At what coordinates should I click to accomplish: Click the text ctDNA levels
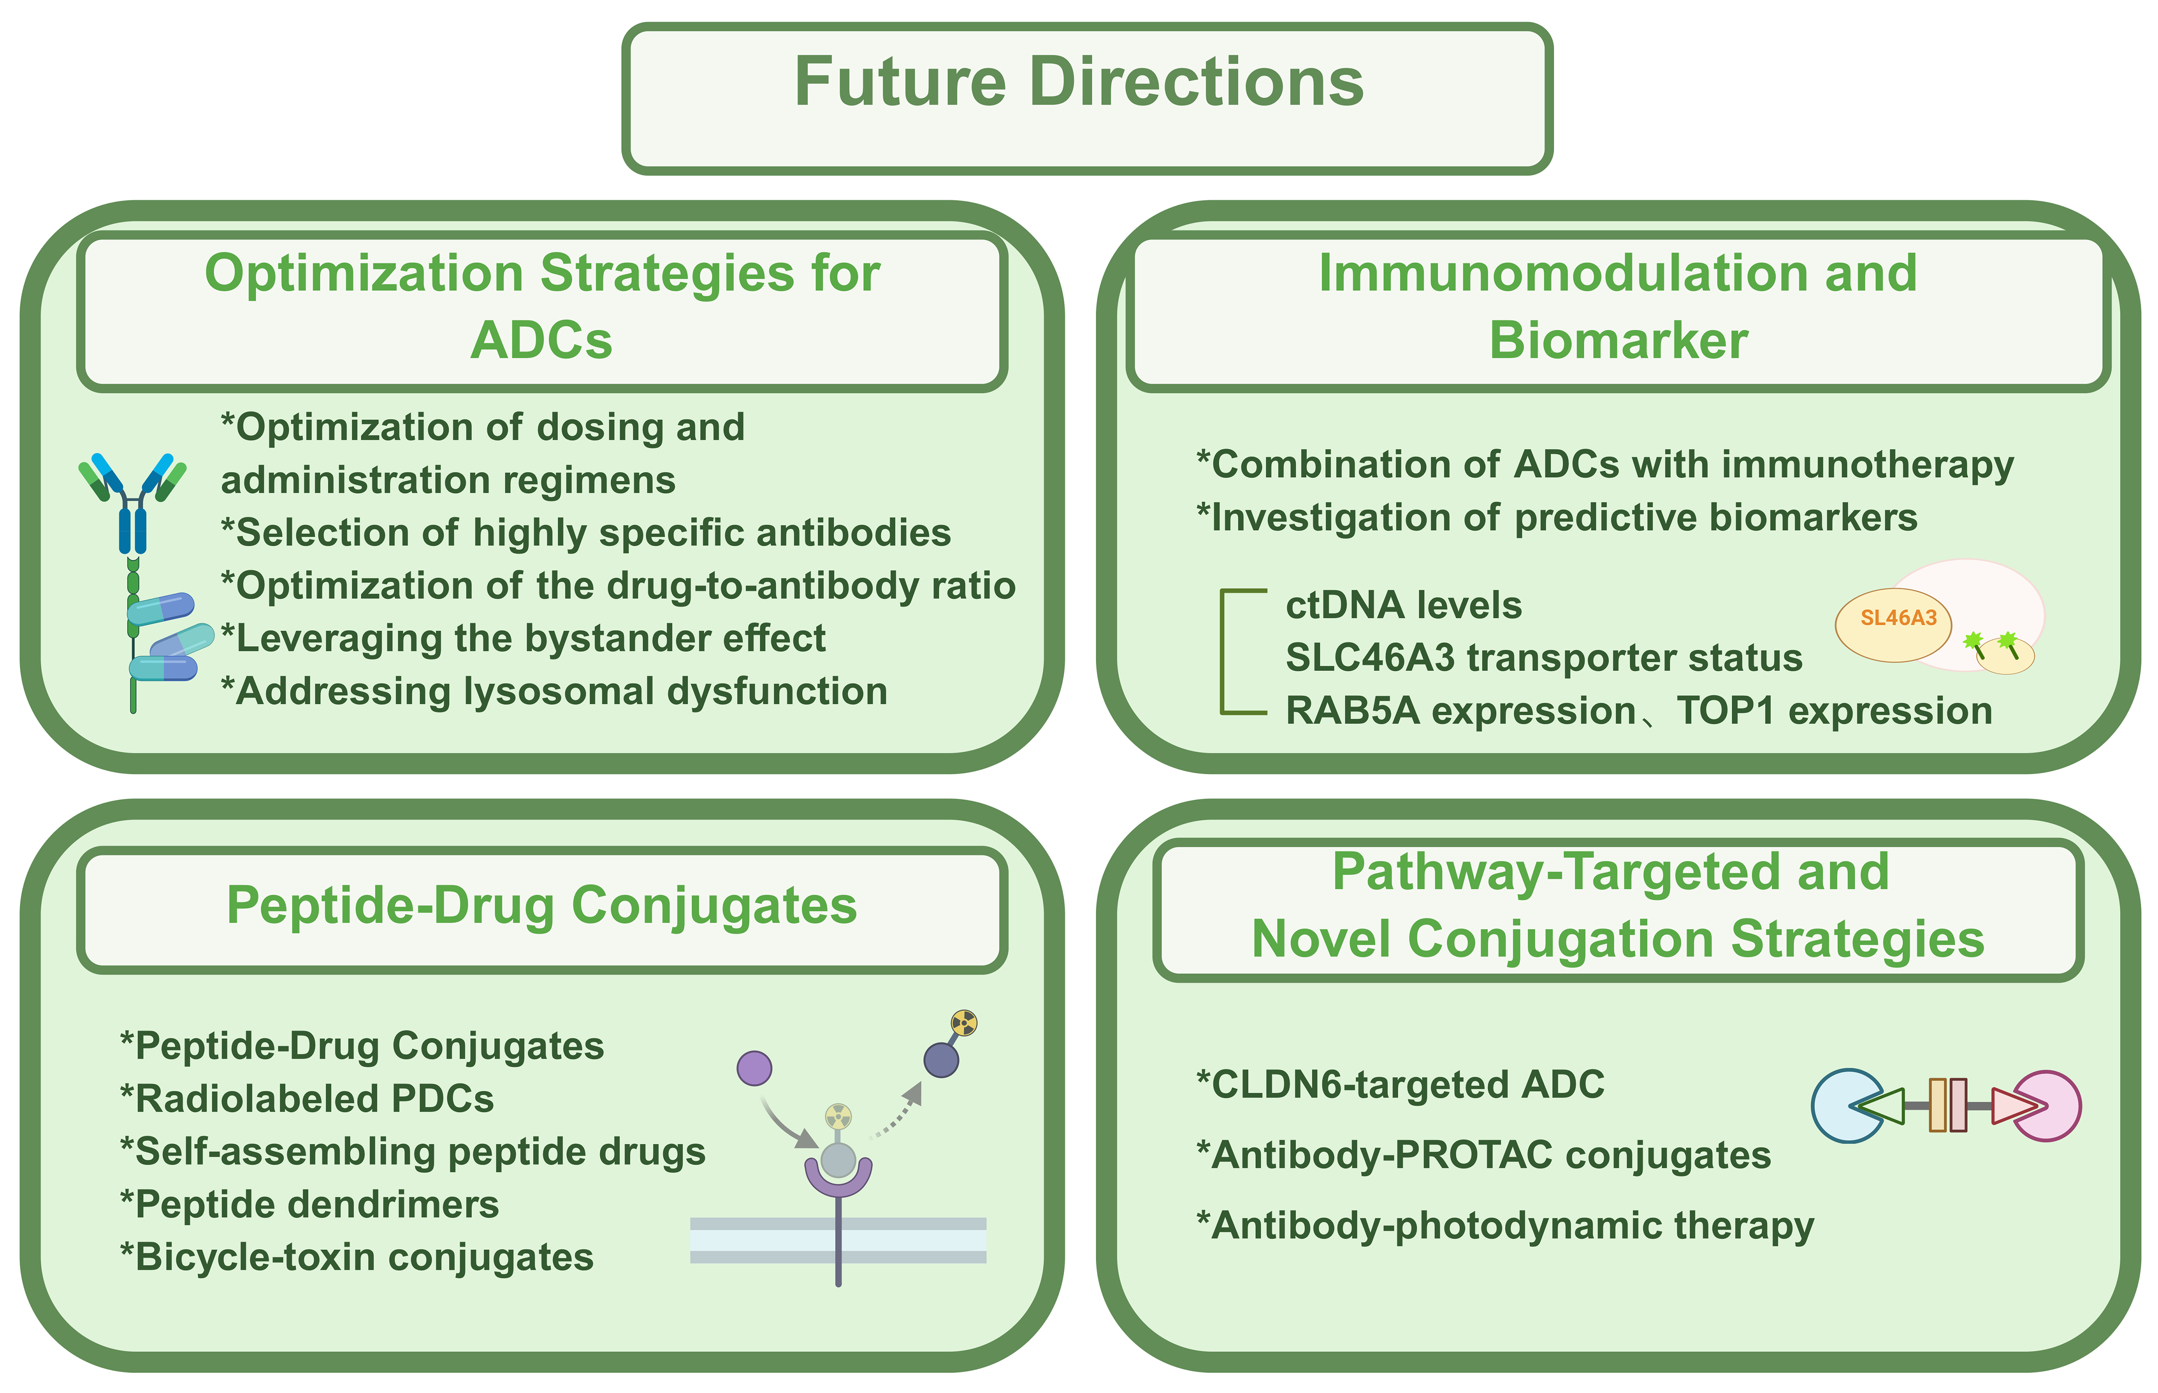pyautogui.click(x=1402, y=605)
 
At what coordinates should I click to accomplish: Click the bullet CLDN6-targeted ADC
pyautogui.click(x=1400, y=1085)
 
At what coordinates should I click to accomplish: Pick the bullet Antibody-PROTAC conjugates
pyautogui.click(x=1483, y=1155)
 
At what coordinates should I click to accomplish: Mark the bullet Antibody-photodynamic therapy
pyautogui.click(x=1504, y=1226)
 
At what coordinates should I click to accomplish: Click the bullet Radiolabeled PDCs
pyautogui.click(x=307, y=1099)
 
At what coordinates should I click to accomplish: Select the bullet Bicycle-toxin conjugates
pyautogui.click(x=357, y=1257)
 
